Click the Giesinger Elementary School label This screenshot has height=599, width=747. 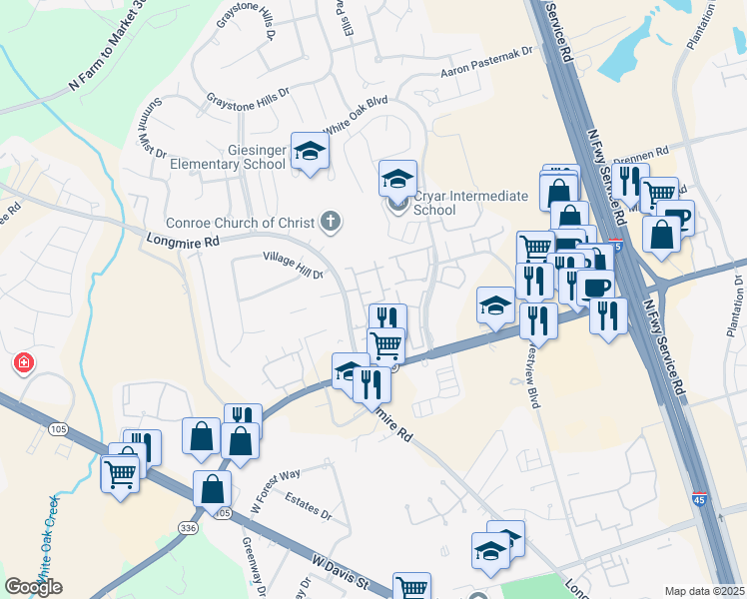pyautogui.click(x=228, y=156)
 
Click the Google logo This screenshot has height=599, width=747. pyautogui.click(x=33, y=587)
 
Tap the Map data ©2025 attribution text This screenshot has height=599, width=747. pyautogui.click(x=704, y=591)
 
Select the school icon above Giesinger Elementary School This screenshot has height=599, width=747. pyautogui.click(x=310, y=151)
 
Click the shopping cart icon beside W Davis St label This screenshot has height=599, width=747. pyautogui.click(x=410, y=587)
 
